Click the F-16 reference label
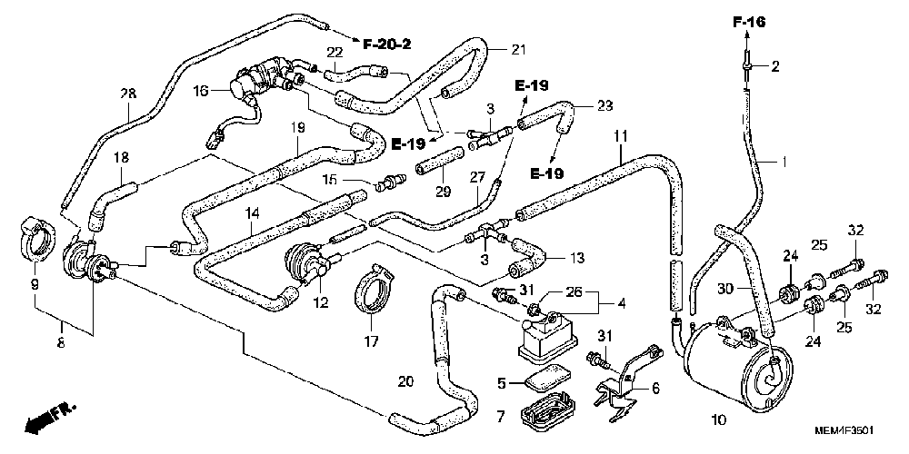(748, 23)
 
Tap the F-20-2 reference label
(386, 44)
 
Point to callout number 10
(719, 419)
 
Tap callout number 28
(128, 94)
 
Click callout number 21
(518, 50)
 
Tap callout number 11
(621, 137)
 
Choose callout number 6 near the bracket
(655, 389)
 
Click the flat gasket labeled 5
(545, 378)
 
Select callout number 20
(406, 381)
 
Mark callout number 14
(251, 213)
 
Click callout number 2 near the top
(775, 66)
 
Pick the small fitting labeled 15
(387, 183)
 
